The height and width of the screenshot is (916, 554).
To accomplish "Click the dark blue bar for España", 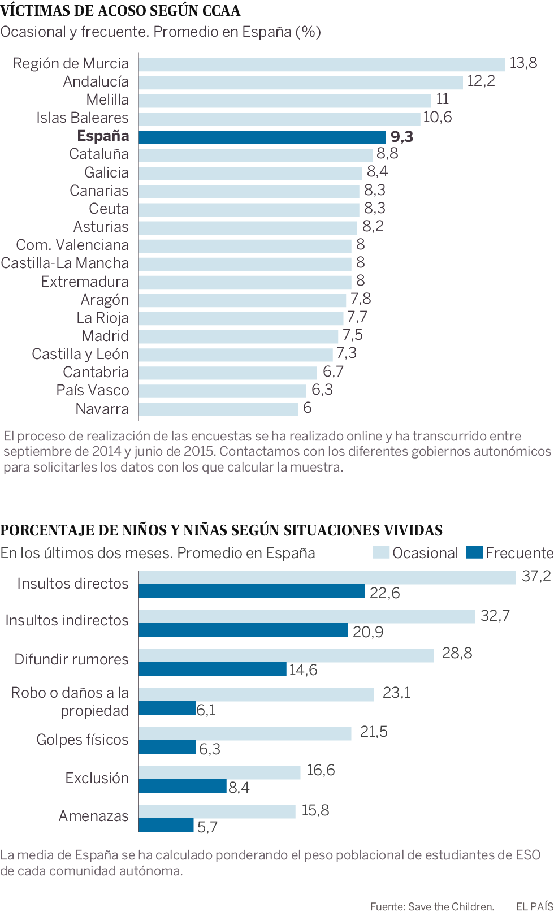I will (x=262, y=137).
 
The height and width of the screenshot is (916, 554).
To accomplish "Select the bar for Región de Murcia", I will (x=322, y=64).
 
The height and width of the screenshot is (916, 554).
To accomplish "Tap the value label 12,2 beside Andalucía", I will (x=481, y=81).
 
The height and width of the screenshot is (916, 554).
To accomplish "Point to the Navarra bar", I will (x=218, y=409).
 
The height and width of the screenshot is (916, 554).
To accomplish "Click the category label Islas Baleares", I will (x=83, y=118).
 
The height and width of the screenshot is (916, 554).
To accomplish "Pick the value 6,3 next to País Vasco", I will (x=322, y=390).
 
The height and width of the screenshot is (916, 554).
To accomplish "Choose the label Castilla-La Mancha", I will (x=65, y=263).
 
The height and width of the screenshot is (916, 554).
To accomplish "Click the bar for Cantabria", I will (x=228, y=373).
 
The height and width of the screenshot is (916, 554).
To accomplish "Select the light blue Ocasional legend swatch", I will (x=381, y=552).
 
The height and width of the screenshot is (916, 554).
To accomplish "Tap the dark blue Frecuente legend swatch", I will (x=474, y=552).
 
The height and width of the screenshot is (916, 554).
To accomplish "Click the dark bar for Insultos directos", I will (x=252, y=591).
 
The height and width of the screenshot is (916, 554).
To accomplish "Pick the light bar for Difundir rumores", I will (x=286, y=655).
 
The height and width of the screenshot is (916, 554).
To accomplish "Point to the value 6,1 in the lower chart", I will (x=206, y=710).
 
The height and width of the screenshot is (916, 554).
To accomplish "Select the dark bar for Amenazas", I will (x=166, y=825).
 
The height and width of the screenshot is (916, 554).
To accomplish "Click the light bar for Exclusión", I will (x=219, y=772).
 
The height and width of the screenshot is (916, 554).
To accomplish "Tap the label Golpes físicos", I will (x=83, y=740).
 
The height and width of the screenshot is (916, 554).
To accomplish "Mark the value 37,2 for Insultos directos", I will (x=536, y=576).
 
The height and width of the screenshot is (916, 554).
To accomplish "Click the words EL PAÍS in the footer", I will (x=534, y=906).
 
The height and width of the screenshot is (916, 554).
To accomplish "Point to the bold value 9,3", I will (x=402, y=137).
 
